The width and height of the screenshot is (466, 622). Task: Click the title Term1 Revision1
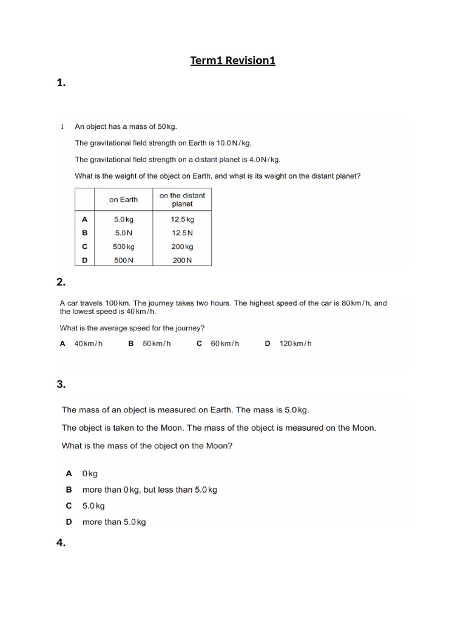coord(233,60)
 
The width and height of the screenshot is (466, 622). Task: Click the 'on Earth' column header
coord(124,200)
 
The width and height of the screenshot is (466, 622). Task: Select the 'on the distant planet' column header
coord(182,200)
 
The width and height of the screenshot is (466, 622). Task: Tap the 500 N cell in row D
coord(124,260)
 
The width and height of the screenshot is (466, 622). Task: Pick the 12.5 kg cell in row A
coord(182,219)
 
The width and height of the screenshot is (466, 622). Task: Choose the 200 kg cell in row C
coord(182,247)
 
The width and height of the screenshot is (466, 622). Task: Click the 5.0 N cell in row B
coord(124,233)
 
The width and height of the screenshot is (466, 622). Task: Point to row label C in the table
coord(84,247)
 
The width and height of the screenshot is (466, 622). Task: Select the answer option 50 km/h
coord(157,344)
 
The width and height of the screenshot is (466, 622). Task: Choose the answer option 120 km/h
coord(295,344)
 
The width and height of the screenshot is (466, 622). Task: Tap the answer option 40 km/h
coord(88,344)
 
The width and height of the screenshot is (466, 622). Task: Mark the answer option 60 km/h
coord(225,344)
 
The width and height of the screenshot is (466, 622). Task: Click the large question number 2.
coord(61,282)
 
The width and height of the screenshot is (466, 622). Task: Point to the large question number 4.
coord(61,543)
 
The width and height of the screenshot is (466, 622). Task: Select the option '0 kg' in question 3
coord(90,473)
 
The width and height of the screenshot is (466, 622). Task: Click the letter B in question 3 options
coord(69,490)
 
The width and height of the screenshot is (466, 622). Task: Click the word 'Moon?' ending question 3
coord(220,446)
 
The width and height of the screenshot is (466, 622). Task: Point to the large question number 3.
coord(61,384)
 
